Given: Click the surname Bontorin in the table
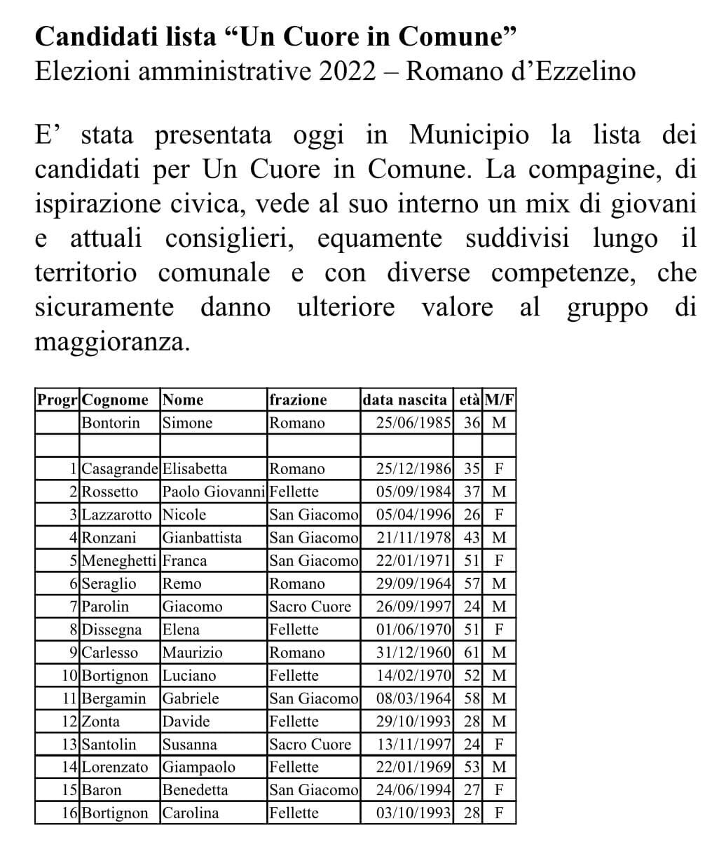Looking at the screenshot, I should [111, 423].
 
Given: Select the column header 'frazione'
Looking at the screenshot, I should [298, 400].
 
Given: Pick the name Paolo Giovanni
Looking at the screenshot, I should [214, 492].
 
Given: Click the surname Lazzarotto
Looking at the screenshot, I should [116, 515].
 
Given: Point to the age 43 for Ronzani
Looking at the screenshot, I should [472, 538].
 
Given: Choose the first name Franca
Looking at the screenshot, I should [184, 561].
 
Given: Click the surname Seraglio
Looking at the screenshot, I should [109, 583].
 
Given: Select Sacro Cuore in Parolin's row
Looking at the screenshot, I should [310, 607].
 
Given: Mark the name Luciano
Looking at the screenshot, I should [189, 676].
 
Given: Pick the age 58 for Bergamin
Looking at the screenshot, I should [472, 698].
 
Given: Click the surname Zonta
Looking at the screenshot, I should [100, 721].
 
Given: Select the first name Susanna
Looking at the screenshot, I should [189, 745].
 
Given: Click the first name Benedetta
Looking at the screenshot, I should [195, 790].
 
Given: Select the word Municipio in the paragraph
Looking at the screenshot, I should [469, 134].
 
